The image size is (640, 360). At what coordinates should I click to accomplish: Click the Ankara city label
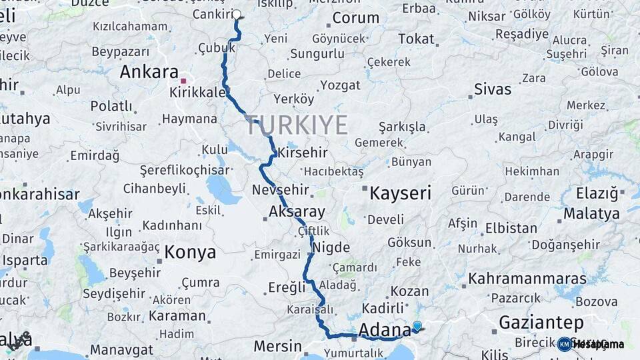pos(149,72)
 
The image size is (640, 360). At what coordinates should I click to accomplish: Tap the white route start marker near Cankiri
pos(237,14)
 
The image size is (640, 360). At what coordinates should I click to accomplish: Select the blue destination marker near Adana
pos(417,326)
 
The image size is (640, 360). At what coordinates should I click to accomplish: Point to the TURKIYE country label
pos(297,125)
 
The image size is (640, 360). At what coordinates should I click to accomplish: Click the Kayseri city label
pos(400,193)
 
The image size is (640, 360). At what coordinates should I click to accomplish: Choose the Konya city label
pos(190,252)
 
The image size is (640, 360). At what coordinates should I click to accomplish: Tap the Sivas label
pos(493,89)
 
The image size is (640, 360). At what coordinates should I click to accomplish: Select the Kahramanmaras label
pos(527,279)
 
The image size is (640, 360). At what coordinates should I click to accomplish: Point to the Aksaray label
pos(297,213)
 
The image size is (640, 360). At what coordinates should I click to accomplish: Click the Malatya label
pos(591,214)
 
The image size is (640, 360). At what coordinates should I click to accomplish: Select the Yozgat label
pos(340,85)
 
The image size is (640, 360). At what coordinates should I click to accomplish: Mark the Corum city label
pos(355,18)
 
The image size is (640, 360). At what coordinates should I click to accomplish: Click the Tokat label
pos(416,39)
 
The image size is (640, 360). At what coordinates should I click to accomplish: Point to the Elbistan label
pos(511,228)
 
